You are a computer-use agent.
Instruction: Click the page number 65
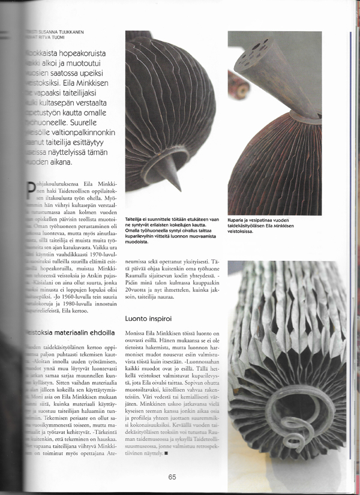pyautogui.click(x=173, y=478)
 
